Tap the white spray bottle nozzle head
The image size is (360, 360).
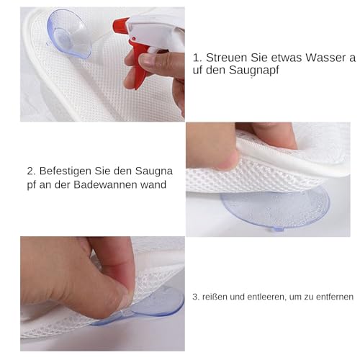pos(152,29)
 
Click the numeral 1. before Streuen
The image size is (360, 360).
pos(198,57)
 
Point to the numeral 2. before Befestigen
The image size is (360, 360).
pos(32,171)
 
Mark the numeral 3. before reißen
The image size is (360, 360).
pos(195,295)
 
